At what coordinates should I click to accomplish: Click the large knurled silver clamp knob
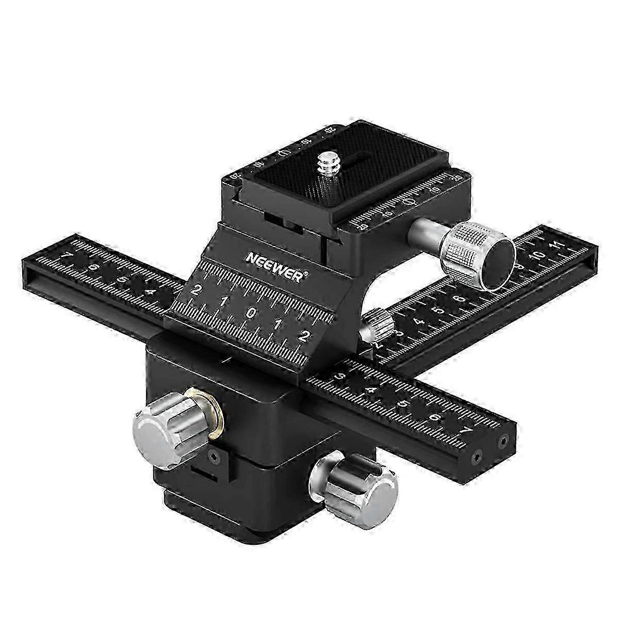[x=477, y=254]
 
